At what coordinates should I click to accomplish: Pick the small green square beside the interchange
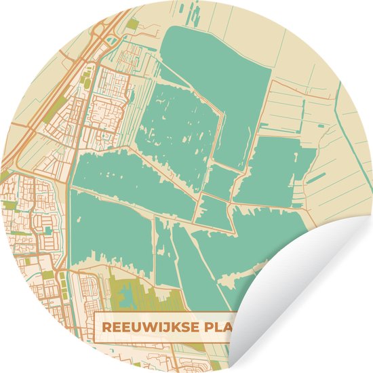click(x=132, y=25)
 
